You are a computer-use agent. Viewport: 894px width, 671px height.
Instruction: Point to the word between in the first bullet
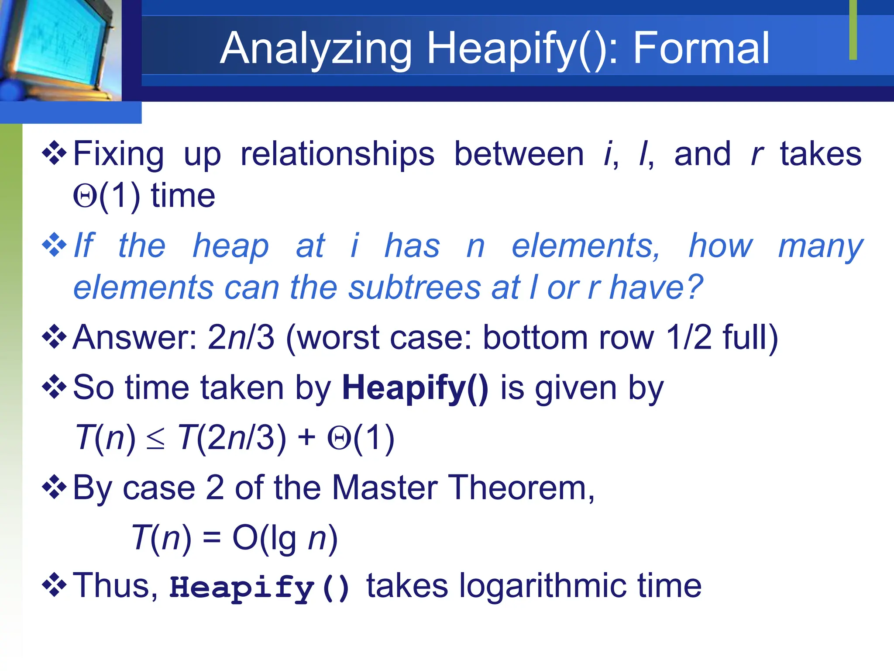(519, 154)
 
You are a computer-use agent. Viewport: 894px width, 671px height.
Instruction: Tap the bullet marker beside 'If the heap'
(54, 245)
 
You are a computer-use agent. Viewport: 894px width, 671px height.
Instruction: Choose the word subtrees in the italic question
(414, 287)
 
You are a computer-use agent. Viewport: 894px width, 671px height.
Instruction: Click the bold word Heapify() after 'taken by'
(415, 388)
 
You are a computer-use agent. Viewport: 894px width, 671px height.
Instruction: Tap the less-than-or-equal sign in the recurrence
(156, 439)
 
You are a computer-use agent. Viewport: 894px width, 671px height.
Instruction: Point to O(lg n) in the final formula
(285, 538)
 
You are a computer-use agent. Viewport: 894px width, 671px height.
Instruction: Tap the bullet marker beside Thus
(54, 585)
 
